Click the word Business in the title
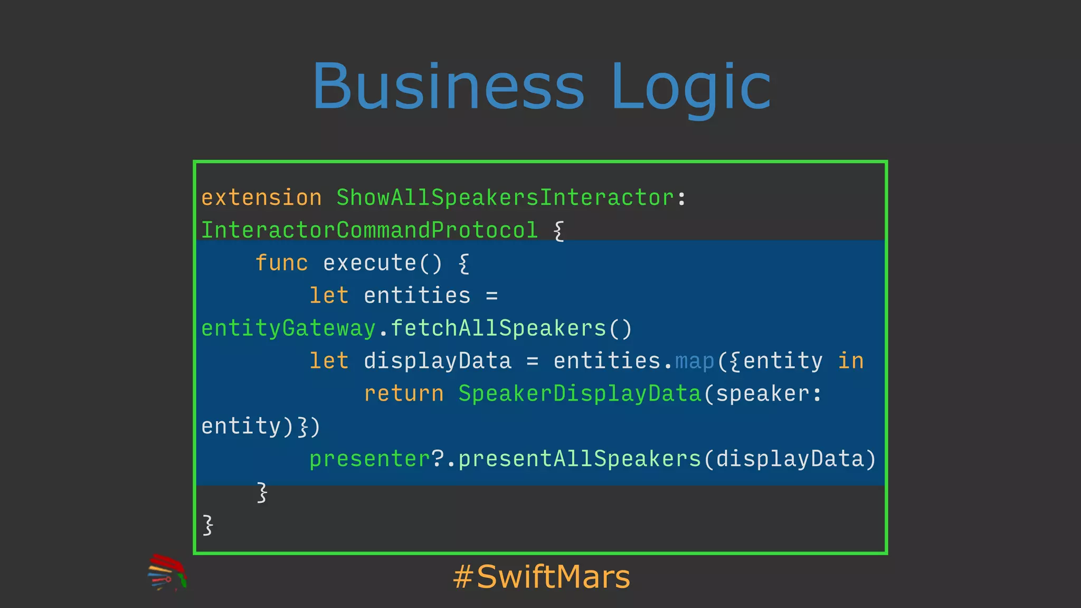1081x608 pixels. [448, 87]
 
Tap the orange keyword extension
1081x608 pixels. [261, 198]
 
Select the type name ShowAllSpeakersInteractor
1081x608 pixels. [506, 198]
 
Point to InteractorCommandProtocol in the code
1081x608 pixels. [369, 231]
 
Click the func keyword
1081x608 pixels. [281, 263]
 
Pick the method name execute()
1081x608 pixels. [382, 263]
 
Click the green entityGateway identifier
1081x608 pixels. [288, 328]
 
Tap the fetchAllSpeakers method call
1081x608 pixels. [498, 328]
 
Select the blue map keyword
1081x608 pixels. [694, 361]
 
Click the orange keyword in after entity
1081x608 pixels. [850, 361]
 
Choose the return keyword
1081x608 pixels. [404, 394]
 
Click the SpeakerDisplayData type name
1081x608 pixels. [580, 394]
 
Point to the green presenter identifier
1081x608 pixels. [370, 459]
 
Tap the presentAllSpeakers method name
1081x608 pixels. [580, 459]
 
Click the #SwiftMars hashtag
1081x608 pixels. [542, 576]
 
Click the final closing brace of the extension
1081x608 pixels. [208, 525]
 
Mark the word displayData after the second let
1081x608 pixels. [438, 361]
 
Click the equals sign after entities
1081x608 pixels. [492, 296]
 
